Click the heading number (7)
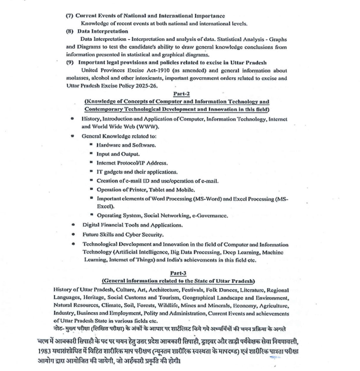tap(70, 16)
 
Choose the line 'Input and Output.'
tap(118, 154)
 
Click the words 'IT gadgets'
tap(109, 172)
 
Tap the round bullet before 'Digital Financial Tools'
tap(72, 225)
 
